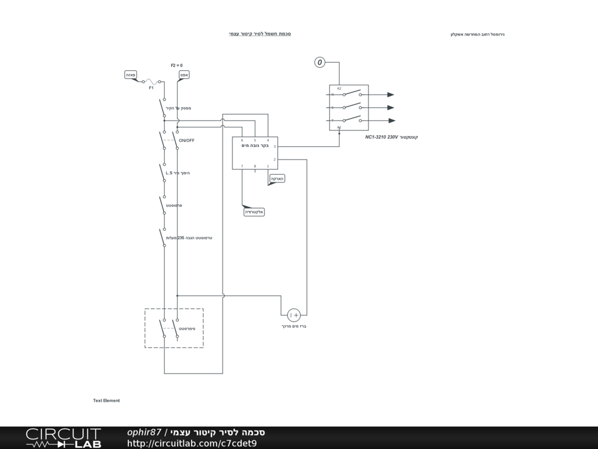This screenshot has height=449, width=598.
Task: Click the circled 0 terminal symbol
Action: (319, 62)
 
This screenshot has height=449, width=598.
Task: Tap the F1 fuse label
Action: (151, 88)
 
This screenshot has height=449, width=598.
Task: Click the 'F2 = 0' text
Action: (176, 65)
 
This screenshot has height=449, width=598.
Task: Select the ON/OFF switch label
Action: (187, 141)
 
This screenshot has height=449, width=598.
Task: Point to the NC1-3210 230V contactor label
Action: (391, 137)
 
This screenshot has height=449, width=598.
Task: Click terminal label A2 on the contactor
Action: (339, 88)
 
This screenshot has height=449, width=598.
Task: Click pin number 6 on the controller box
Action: (242, 140)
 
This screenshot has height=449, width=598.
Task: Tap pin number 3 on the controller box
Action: (274, 147)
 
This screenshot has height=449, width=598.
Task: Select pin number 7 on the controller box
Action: (242, 166)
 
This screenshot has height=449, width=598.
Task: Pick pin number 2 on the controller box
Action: (274, 159)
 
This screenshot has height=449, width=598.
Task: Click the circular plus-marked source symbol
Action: (294, 315)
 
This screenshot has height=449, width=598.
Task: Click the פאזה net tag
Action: (131, 75)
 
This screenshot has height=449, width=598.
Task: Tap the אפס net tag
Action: (183, 75)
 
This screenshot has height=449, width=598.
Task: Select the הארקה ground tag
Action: (277, 178)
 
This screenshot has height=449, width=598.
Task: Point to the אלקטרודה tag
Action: (255, 212)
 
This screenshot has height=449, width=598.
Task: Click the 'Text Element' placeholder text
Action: (106, 400)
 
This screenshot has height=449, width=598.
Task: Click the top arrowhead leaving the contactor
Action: (391, 95)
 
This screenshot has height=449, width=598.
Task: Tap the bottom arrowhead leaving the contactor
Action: (391, 120)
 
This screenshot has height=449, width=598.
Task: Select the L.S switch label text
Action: (169, 173)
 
